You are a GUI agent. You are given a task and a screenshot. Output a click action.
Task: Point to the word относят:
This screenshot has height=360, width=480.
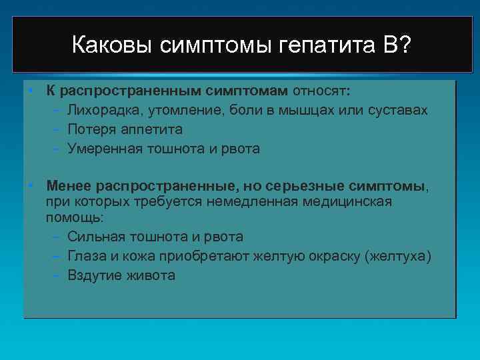coord(322,90)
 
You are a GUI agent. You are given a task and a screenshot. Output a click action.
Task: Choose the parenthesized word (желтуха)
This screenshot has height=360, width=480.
coord(398,256)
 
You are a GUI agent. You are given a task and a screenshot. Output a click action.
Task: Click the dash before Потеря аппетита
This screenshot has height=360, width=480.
coord(57,129)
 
